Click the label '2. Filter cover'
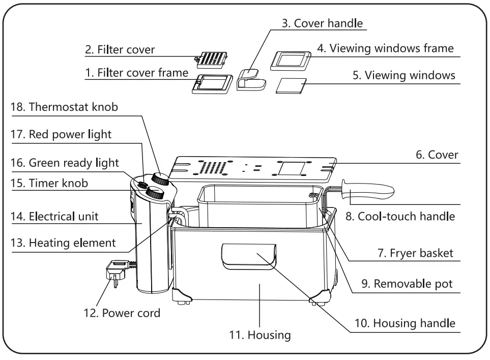tap(120, 50)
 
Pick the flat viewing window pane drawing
tap(291, 86)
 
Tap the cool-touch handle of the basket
tap(369, 193)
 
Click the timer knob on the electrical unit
tap(154, 193)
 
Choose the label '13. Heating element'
tap(63, 243)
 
